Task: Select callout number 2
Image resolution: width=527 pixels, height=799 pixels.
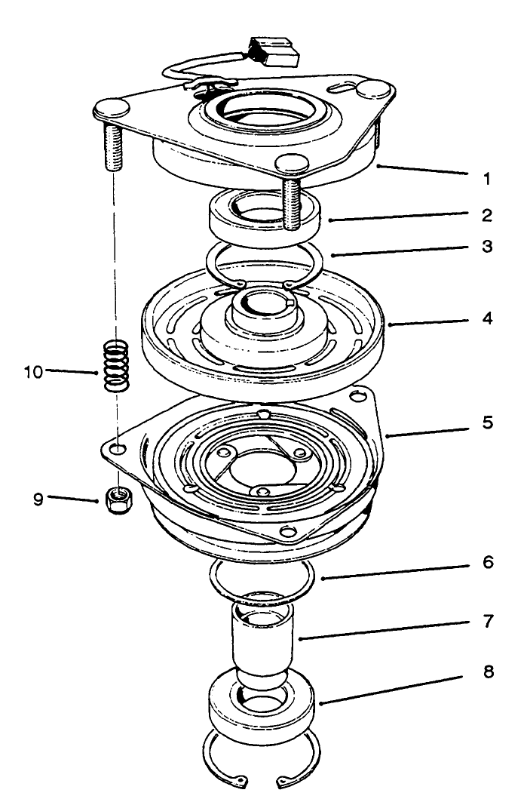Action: pos(488,215)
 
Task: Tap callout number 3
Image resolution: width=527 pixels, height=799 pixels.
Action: pos(488,247)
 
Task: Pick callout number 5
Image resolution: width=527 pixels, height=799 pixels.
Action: pos(488,423)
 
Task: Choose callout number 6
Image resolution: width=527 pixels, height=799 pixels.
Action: pos(488,563)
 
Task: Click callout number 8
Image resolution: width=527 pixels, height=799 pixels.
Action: pos(488,671)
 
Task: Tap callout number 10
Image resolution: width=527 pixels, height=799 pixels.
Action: pos(34,371)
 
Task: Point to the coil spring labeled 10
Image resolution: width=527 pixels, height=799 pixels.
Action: pos(114,366)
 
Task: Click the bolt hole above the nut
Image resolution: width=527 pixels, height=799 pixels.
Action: pos(118,449)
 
